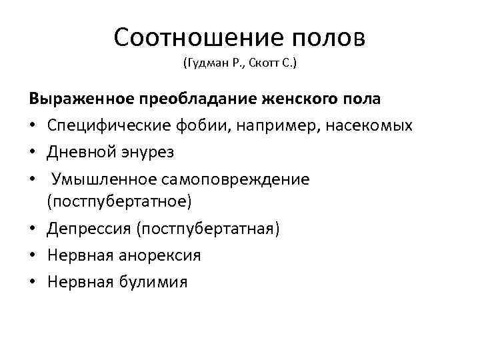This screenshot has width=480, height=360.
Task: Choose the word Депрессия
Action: coord(89,229)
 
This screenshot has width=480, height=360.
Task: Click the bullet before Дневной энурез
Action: coord(33,152)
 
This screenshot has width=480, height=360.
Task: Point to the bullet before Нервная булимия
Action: coord(33,281)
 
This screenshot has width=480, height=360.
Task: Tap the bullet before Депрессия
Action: coord(33,229)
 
